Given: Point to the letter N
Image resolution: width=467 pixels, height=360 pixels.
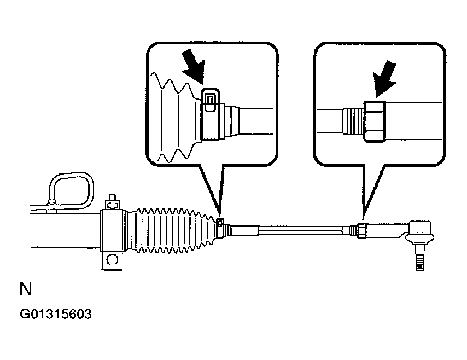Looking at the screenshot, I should coord(25,289).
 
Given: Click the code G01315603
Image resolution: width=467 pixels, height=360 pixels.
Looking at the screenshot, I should coord(55,315).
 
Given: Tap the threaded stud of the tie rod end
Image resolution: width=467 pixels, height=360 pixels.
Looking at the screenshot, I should coord(419,259).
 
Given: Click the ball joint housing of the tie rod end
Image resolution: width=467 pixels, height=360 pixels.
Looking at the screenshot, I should coord(421,230).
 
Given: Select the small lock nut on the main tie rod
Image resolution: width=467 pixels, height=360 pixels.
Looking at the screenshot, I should coord(361,230).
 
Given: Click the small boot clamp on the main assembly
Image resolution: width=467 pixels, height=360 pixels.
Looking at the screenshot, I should coord(220,223).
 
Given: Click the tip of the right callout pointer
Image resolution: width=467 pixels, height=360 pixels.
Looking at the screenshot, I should coord(361,219).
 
